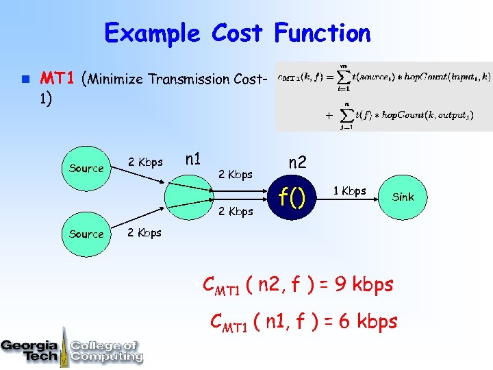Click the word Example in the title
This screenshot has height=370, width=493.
(151, 33)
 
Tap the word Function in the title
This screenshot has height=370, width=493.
(322, 33)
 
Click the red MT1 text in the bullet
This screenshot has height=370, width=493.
(57, 78)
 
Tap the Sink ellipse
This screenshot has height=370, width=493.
(403, 197)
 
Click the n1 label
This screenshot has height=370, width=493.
(193, 160)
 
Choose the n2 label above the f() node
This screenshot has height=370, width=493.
(297, 163)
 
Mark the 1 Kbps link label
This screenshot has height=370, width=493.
(349, 190)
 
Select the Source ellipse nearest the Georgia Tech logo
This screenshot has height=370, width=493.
(86, 234)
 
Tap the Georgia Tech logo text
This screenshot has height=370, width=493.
(29, 350)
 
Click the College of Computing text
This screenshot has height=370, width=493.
(106, 350)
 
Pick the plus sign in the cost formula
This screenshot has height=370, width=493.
(328, 115)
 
